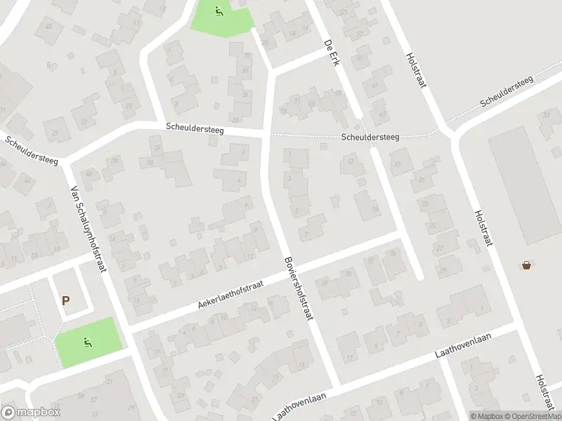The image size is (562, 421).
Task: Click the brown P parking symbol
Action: click(x=66, y=300)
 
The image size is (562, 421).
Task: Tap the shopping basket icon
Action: click(x=527, y=265)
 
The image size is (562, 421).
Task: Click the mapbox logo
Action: click(x=31, y=412)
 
